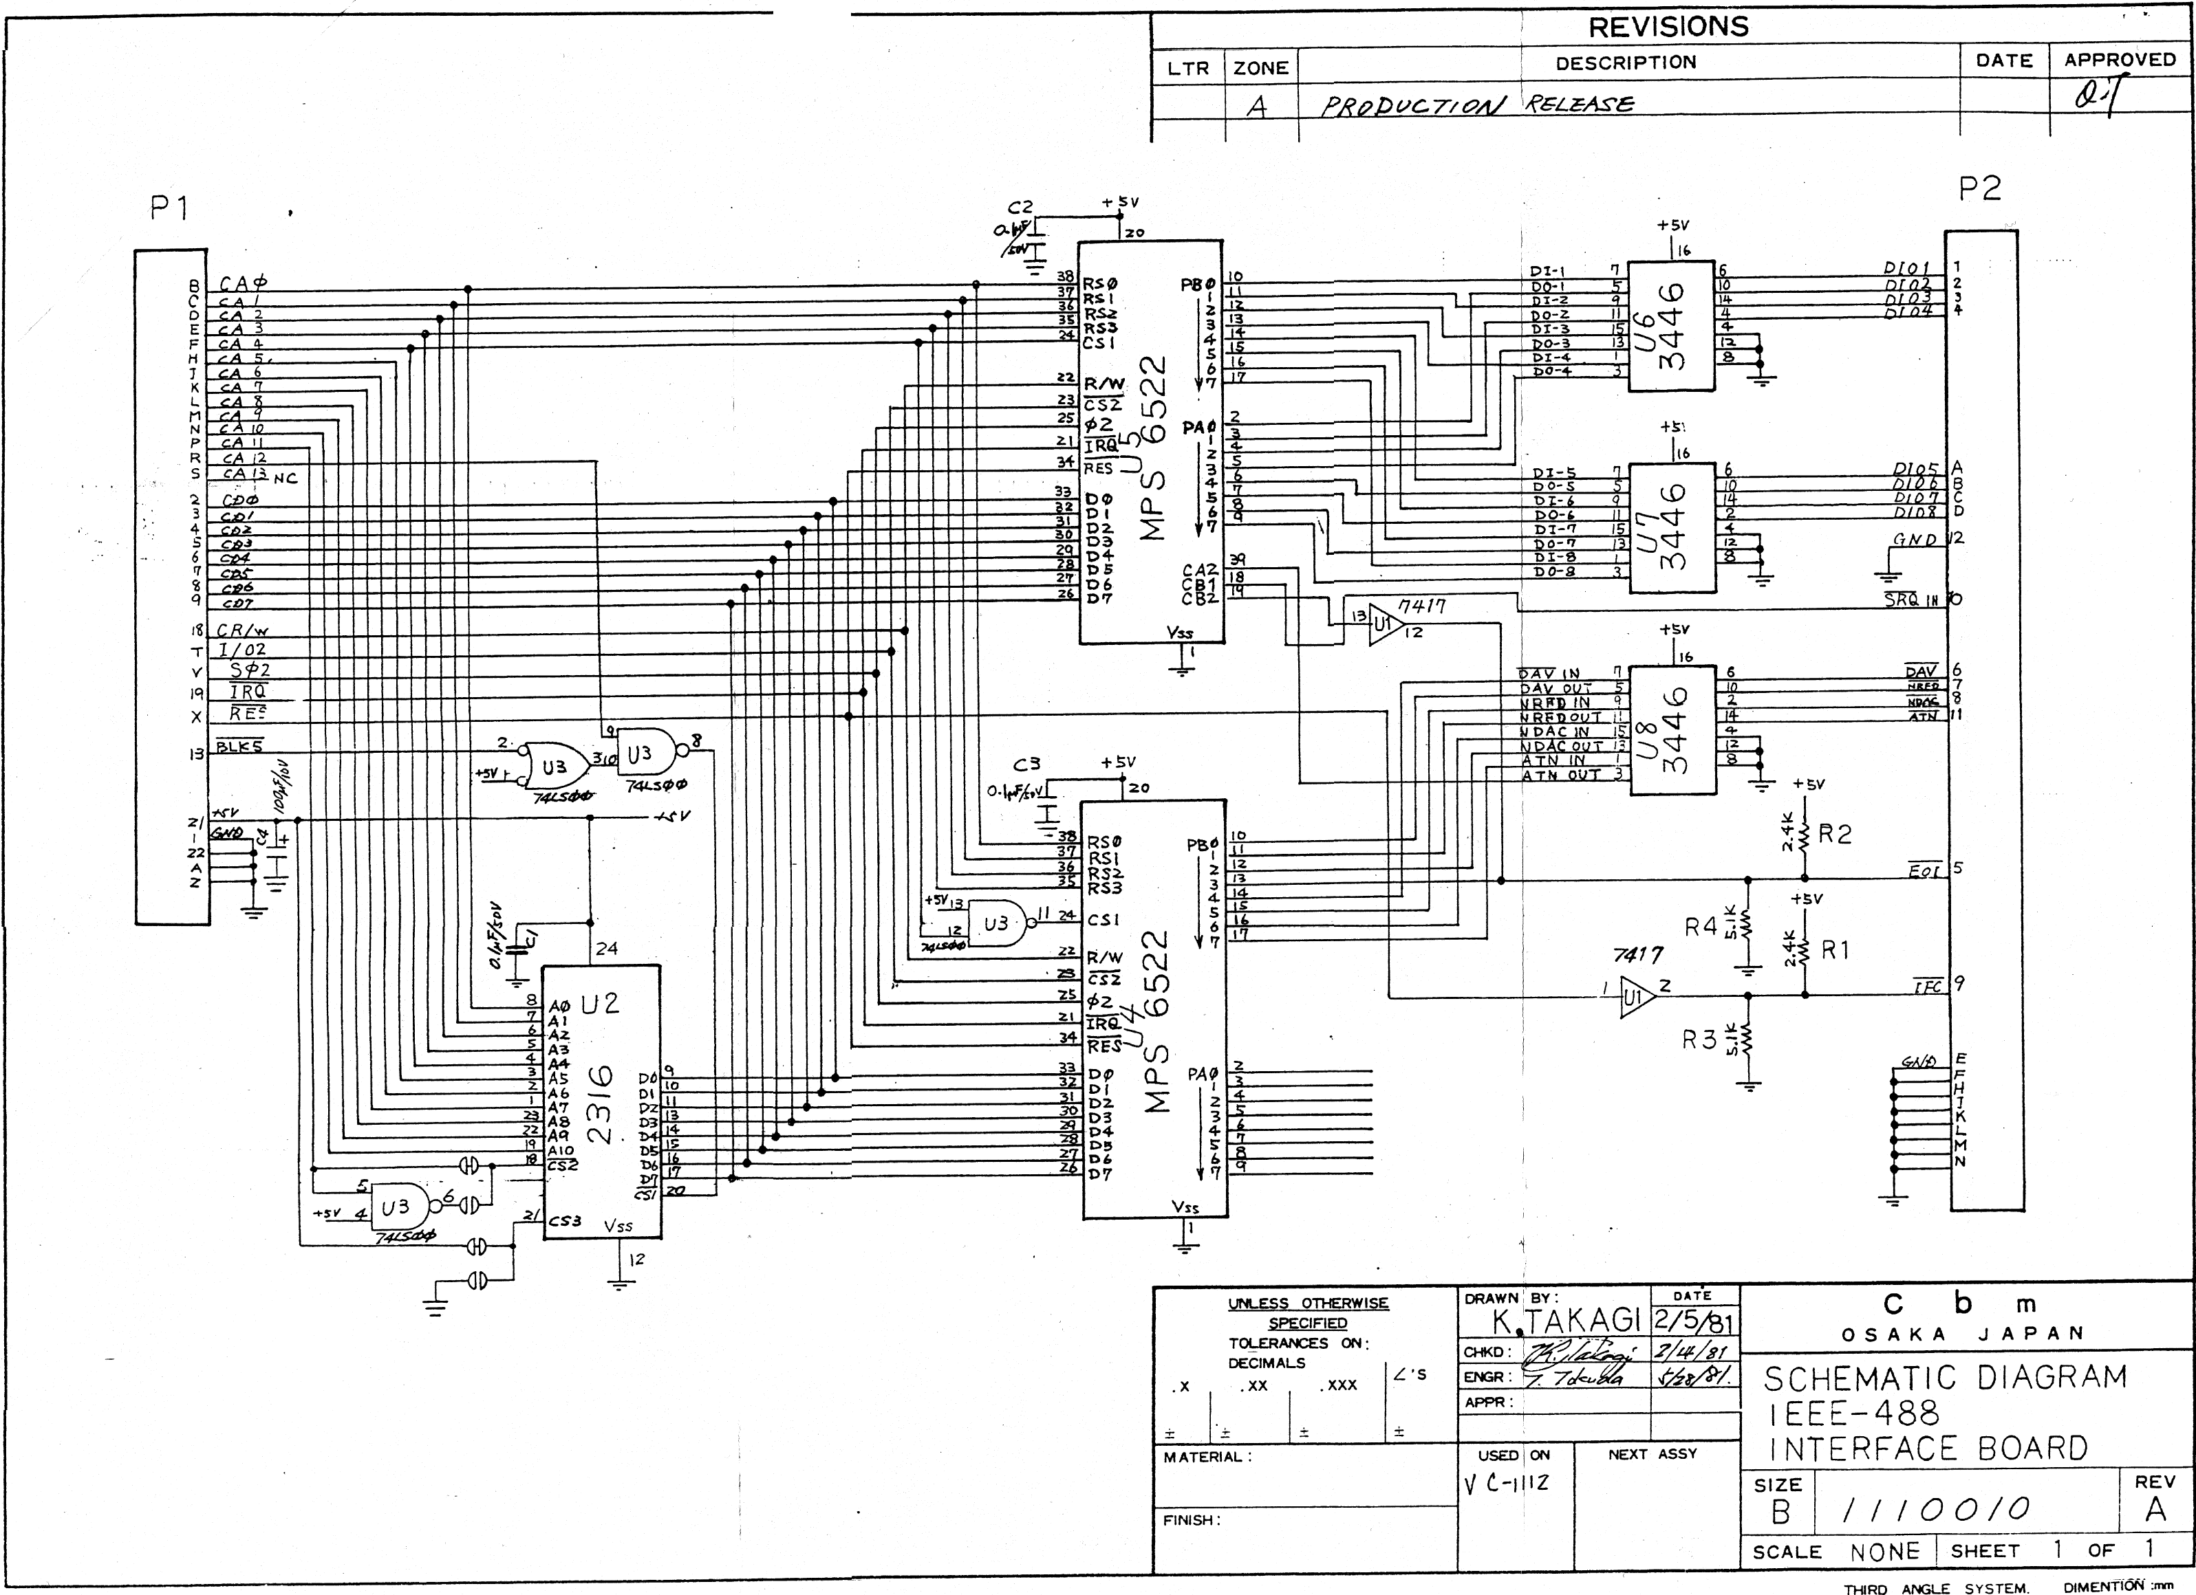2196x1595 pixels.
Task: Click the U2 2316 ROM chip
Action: click(601, 1101)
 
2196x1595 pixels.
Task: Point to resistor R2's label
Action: click(1835, 834)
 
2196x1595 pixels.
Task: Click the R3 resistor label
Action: click(1699, 1040)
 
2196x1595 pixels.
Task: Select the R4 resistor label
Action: click(1701, 927)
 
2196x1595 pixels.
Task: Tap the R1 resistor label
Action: click(1835, 950)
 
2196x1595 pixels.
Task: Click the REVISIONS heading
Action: click(1668, 27)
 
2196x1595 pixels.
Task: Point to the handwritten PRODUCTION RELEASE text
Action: click(1476, 104)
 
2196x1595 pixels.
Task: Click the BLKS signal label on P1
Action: click(239, 746)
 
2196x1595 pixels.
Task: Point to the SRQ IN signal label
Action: click(1913, 600)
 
